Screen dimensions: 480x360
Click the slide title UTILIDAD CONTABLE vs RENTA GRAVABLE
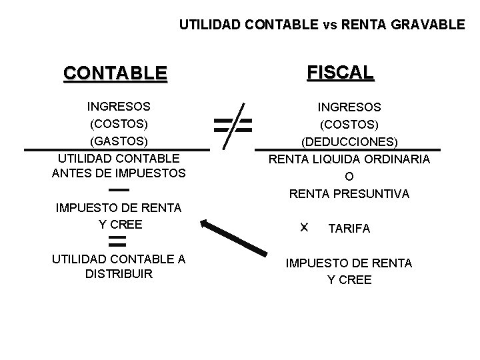tap(322, 25)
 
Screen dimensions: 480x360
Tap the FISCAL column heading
tap(341, 71)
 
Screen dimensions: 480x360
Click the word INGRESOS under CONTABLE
tap(119, 106)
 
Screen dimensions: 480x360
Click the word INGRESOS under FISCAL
tap(349, 107)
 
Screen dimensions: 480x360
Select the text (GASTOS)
tap(119, 141)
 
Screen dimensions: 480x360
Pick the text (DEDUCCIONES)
tap(349, 142)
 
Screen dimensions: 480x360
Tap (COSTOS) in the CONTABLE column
tap(119, 123)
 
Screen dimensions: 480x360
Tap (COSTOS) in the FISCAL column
tap(349, 124)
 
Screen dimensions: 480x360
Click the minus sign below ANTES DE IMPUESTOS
tap(118, 191)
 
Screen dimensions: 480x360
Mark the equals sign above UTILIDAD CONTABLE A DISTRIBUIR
tap(118, 240)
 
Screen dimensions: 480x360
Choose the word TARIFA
tap(349, 229)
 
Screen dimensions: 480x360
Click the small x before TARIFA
tap(304, 227)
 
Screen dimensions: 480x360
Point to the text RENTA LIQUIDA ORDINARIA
tap(349, 159)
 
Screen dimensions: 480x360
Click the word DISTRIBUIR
tap(119, 274)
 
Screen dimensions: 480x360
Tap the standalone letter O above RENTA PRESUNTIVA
tap(349, 177)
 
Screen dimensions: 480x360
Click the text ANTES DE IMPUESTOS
tap(119, 174)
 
